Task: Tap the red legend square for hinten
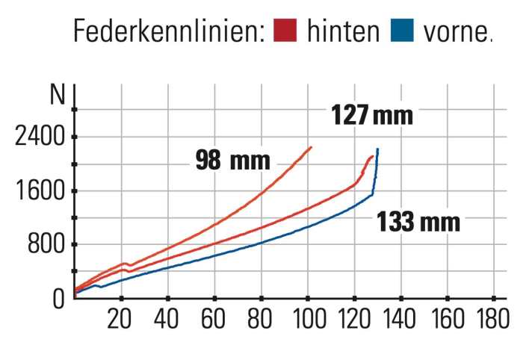click(x=285, y=31)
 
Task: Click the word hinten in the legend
click(x=340, y=31)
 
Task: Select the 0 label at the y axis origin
click(x=59, y=299)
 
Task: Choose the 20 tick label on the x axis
click(x=120, y=319)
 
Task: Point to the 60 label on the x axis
click(x=214, y=319)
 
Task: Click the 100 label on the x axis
click(x=306, y=319)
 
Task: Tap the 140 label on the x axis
click(x=399, y=319)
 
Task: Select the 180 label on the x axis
click(x=492, y=319)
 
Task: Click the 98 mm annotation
click(x=232, y=160)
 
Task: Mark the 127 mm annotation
click(x=371, y=116)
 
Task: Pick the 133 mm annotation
click(x=418, y=222)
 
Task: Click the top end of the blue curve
click(x=378, y=149)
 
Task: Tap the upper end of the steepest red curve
click(x=311, y=147)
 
